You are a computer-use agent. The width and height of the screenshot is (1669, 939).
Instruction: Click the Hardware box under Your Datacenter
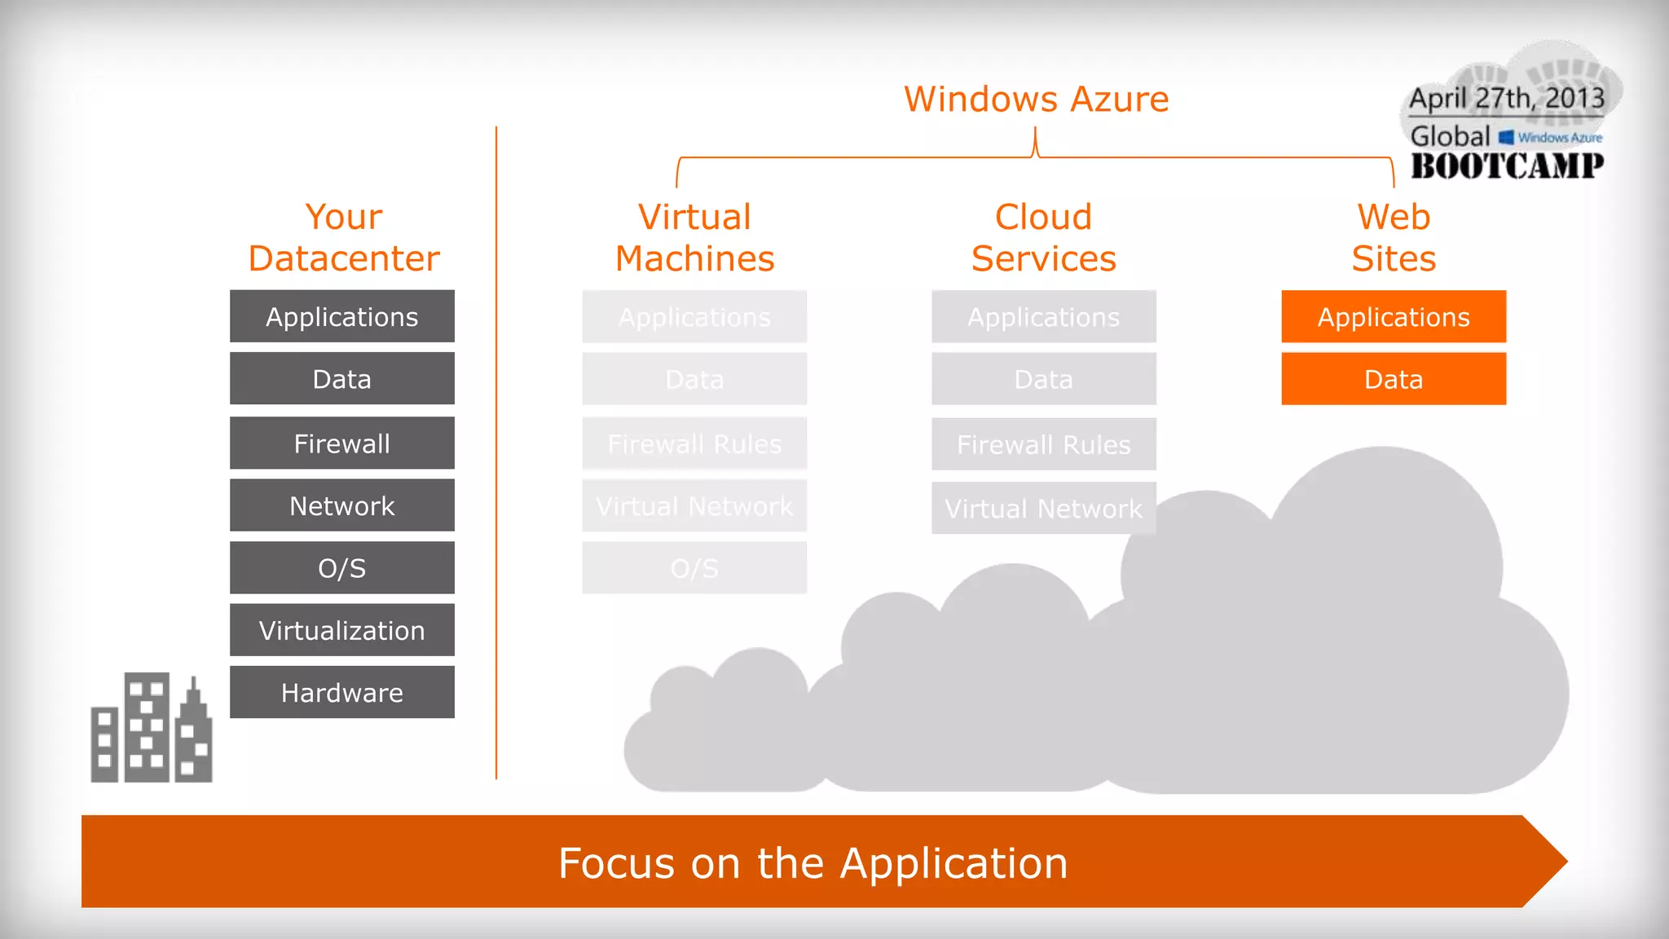342,692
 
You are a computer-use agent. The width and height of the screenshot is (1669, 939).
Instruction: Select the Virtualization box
342,630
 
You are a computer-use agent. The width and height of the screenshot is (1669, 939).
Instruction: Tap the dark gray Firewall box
342,443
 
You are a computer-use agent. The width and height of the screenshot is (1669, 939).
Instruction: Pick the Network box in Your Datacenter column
342,505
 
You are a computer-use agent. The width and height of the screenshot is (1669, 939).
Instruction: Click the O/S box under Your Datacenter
342,568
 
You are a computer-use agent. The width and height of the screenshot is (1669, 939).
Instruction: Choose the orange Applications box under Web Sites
1394,317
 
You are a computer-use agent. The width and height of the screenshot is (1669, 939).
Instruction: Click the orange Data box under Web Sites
1394,379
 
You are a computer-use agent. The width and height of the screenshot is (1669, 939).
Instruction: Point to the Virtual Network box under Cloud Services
1043,509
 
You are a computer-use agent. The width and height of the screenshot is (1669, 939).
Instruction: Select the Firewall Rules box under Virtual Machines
694,444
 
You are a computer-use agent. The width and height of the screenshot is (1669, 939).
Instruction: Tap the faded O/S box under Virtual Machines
694,568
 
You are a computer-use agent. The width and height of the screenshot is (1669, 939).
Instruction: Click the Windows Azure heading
1036,99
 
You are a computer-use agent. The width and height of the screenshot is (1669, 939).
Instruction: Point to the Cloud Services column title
1043,238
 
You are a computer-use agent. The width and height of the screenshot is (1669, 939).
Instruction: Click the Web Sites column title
1394,238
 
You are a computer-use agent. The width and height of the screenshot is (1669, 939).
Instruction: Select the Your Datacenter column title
343,238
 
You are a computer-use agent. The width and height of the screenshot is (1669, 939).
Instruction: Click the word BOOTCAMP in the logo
1507,166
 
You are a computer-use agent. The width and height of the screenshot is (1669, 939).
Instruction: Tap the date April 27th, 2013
1507,99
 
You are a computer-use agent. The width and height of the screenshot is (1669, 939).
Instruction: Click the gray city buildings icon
152,728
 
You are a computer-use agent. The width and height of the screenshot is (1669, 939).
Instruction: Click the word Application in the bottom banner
953,864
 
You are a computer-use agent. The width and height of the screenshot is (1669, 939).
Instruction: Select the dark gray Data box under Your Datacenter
342,379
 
